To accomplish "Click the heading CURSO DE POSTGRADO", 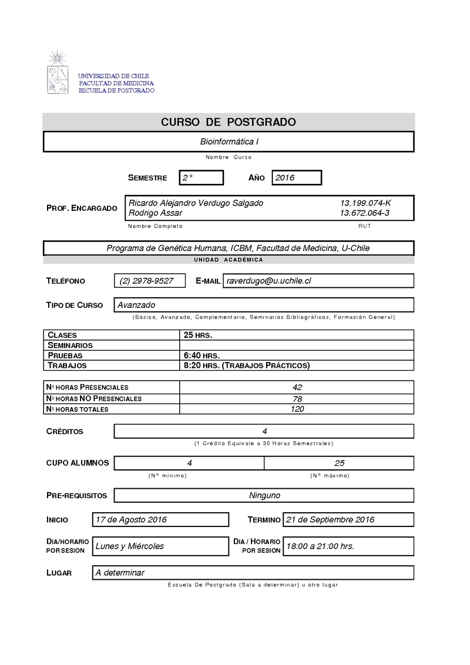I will (229, 122).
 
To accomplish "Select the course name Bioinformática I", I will (229, 142).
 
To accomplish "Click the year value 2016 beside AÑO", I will (285, 177).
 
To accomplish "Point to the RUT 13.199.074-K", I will (365, 203).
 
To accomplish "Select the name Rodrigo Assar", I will (155, 213).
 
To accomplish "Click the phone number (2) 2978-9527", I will (146, 281).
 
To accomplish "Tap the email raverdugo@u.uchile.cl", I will (268, 281).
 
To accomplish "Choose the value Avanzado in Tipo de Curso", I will (136, 305).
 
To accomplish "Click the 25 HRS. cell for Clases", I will (198, 335).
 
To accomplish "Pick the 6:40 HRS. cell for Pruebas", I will (202, 355).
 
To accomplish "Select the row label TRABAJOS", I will (68, 365).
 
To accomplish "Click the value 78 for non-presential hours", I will (297, 398).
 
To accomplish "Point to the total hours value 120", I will (297, 409).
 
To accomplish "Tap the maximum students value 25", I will (340, 463).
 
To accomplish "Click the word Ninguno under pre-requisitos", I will (264, 495).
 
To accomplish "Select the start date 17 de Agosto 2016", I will (131, 519).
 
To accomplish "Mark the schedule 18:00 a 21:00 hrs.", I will (320, 546).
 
